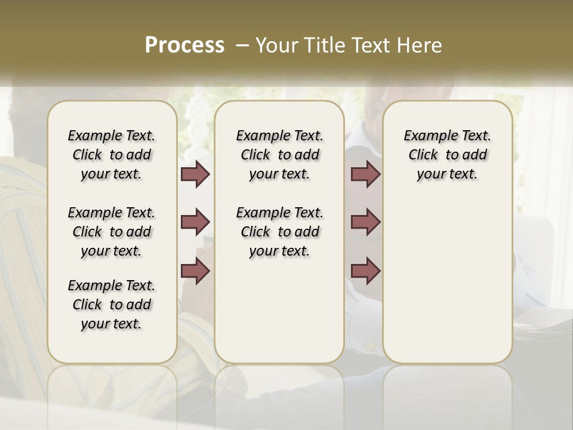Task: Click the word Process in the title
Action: point(184,45)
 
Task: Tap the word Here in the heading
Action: point(420,45)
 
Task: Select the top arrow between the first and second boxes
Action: point(195,174)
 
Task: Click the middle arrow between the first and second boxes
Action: point(195,222)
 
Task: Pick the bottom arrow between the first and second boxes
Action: point(195,271)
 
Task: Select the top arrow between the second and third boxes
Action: point(365,174)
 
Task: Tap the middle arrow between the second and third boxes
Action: point(365,222)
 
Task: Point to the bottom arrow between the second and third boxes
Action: point(365,271)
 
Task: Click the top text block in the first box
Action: point(112,155)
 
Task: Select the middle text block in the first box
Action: point(112,232)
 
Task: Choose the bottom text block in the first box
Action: point(112,305)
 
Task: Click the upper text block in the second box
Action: point(279,155)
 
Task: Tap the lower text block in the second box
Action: point(279,232)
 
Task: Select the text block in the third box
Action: point(448,155)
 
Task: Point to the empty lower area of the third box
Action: point(448,281)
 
